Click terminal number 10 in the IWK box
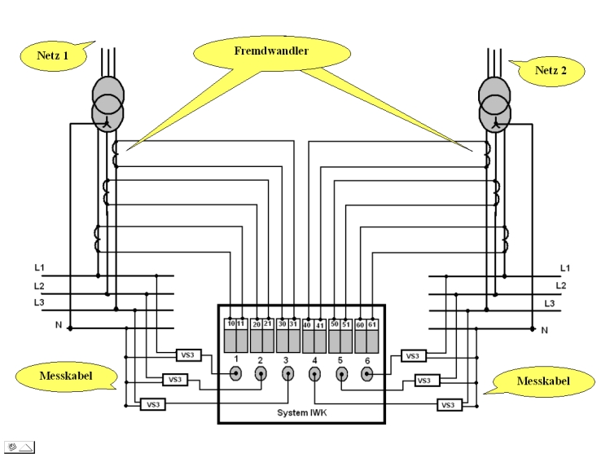[230, 324]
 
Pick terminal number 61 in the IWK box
[372, 324]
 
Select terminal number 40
[308, 324]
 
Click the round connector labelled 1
[235, 374]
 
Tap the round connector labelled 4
[314, 374]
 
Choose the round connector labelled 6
[367, 374]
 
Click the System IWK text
[302, 412]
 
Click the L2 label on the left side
[39, 286]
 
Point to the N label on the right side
[544, 330]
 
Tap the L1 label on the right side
[565, 268]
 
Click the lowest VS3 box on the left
[151, 404]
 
